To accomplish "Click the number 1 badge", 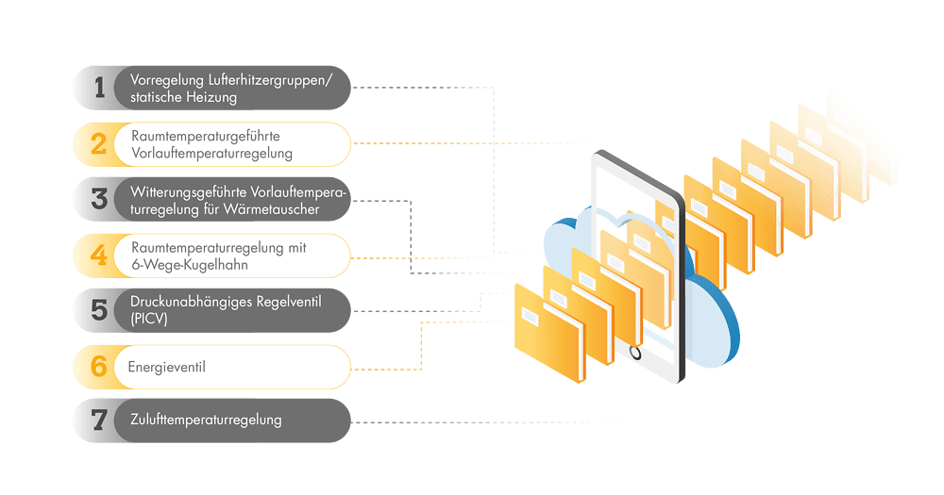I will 99,88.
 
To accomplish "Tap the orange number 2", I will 99,143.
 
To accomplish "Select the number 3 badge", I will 99,199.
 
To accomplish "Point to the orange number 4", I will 99,255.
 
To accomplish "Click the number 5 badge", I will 99,310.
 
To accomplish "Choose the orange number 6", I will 99,366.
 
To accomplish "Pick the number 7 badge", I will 99,421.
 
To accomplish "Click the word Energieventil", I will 166,367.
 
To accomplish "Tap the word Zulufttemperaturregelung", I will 206,420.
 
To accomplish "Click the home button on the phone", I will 635,353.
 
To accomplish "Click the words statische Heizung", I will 184,97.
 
